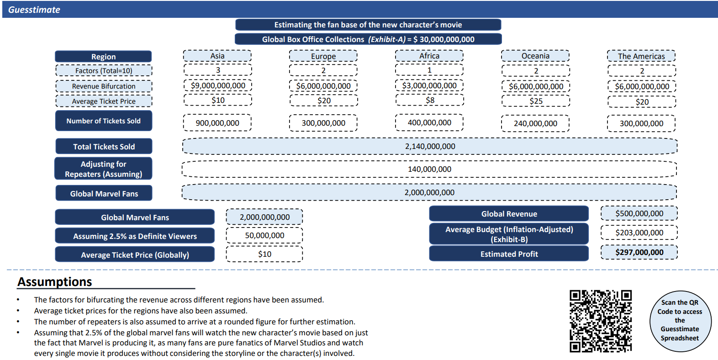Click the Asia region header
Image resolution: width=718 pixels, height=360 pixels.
[x=217, y=56]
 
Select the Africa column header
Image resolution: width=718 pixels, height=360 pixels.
[x=429, y=56]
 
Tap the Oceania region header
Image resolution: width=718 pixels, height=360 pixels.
[x=535, y=56]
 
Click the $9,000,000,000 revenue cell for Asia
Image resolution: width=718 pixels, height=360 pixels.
[x=218, y=85]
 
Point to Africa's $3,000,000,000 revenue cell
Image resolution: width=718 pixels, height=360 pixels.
[x=429, y=85]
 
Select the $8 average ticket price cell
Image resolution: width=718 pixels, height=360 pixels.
[x=430, y=100]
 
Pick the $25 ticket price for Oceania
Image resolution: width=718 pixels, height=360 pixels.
[x=536, y=101]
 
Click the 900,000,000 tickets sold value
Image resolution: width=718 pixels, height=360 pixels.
[x=217, y=123]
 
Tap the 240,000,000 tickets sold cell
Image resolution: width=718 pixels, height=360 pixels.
[x=535, y=123]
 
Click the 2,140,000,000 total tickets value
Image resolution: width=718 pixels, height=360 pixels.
[x=430, y=146]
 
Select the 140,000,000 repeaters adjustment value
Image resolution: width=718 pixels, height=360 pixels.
[x=429, y=169]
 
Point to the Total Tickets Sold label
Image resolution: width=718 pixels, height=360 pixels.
[x=104, y=147]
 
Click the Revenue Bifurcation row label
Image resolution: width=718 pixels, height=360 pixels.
[x=104, y=86]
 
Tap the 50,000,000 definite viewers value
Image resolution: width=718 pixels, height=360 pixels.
[x=264, y=235]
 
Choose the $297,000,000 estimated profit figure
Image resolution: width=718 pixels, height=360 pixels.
[x=639, y=252]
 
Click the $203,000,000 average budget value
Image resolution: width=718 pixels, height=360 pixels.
[x=639, y=233]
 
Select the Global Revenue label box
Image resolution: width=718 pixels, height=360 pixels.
[x=509, y=214]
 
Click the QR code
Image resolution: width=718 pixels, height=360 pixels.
[x=601, y=321]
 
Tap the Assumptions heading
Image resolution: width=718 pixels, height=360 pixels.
[x=55, y=282]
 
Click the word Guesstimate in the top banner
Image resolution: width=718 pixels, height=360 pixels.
[x=34, y=10]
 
